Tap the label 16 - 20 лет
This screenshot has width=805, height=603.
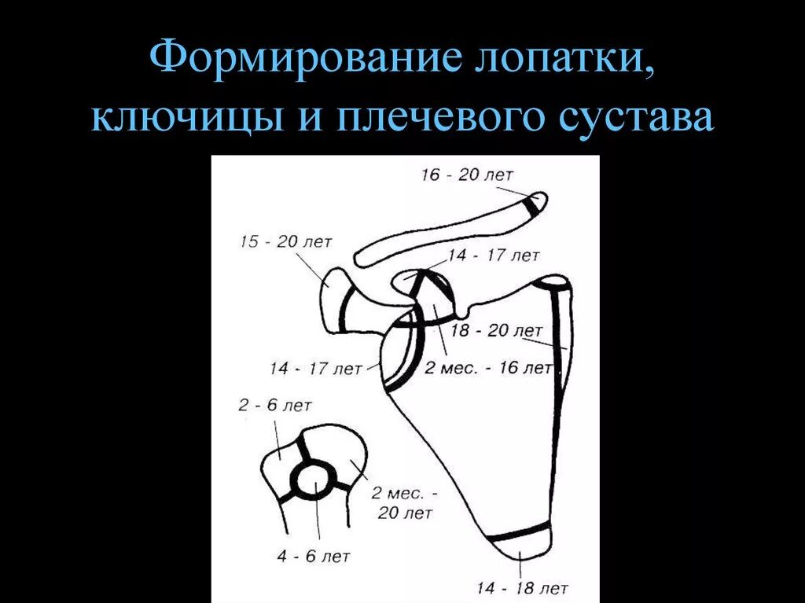tap(466, 175)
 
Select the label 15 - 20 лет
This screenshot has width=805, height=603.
tap(279, 242)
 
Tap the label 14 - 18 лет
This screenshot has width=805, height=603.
tap(523, 587)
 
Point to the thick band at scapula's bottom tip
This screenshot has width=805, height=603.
tap(518, 535)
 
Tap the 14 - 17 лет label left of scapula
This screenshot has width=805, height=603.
tap(315, 367)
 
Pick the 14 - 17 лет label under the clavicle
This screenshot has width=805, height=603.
tap(494, 256)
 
